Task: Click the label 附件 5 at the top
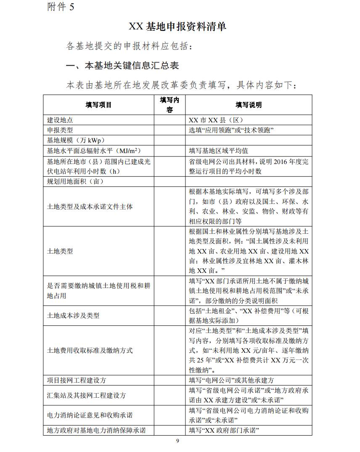(61, 7)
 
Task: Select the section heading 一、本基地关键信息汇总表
(123, 66)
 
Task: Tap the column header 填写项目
(98, 105)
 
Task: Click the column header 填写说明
(248, 105)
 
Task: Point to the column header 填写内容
(169, 105)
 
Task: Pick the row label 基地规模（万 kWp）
(76, 140)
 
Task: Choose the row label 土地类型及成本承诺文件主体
(90, 207)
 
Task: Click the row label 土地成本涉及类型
(73, 315)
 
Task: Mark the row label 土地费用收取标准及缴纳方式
(90, 350)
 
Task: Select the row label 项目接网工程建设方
(77, 380)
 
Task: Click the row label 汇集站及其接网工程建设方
(86, 395)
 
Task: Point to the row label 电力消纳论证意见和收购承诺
(90, 415)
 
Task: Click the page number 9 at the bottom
(177, 441)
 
